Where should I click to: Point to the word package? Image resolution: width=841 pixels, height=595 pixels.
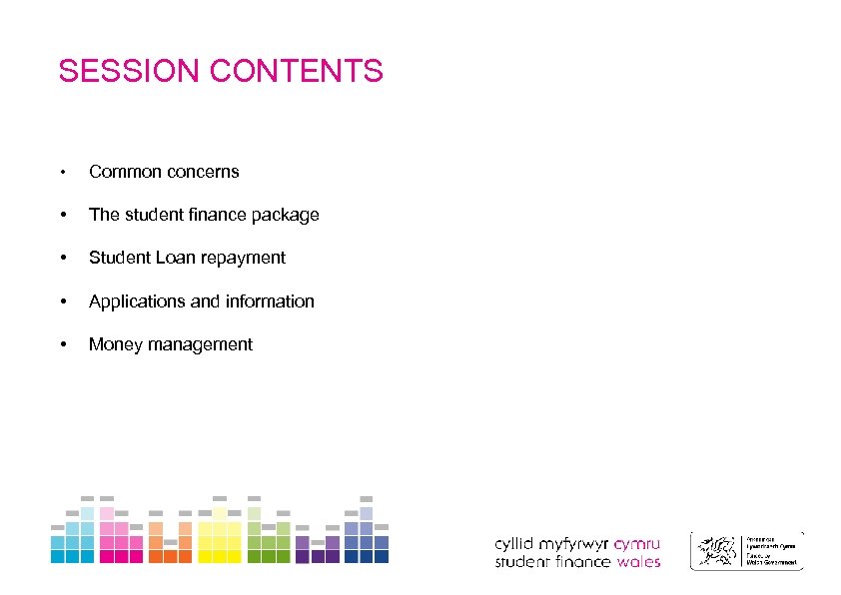coord(287,215)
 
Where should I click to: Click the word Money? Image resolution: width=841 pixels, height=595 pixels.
coord(112,344)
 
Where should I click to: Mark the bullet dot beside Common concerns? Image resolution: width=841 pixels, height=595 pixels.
coord(63,173)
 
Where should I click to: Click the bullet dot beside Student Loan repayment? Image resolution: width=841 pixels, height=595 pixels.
coord(63,259)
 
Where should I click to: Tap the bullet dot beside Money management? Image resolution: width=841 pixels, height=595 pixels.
coord(63,345)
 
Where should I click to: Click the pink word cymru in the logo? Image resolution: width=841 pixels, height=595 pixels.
coord(637,545)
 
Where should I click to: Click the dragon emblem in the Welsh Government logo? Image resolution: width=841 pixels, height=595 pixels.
coord(716,550)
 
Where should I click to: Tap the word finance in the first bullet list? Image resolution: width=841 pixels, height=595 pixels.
coord(209,215)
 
